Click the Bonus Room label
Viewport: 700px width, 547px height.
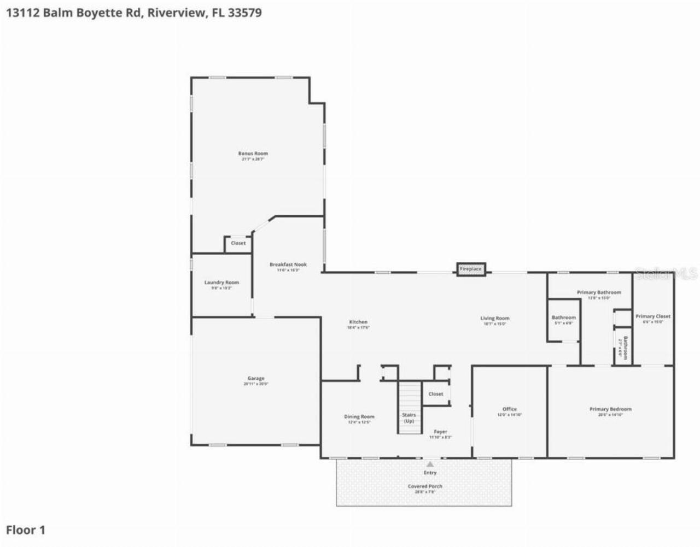pyautogui.click(x=253, y=154)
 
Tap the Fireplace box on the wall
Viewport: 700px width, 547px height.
pyautogui.click(x=470, y=269)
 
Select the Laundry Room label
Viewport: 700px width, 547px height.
pyautogui.click(x=221, y=283)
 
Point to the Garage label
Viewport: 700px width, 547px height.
pyautogui.click(x=255, y=378)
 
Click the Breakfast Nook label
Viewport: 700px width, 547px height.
pyautogui.click(x=288, y=264)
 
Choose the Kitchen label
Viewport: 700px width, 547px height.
pyautogui.click(x=358, y=322)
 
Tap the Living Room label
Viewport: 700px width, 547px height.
pyautogui.click(x=495, y=318)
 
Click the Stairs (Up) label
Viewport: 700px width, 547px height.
pyautogui.click(x=409, y=418)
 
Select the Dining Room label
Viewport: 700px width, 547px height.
pyautogui.click(x=359, y=416)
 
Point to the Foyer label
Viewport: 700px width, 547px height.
pyautogui.click(x=440, y=432)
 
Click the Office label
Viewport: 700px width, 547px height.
pyautogui.click(x=509, y=409)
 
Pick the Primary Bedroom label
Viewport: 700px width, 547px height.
pyautogui.click(x=610, y=409)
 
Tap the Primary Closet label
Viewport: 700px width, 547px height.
pyautogui.click(x=652, y=316)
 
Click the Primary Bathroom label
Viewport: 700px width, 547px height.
pyautogui.click(x=599, y=292)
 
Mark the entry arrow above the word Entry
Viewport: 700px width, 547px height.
pyautogui.click(x=430, y=464)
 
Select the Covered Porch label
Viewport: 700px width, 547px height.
pyautogui.click(x=425, y=486)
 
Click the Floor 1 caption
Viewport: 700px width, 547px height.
pyautogui.click(x=26, y=530)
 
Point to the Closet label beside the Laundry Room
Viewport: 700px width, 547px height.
pyautogui.click(x=238, y=243)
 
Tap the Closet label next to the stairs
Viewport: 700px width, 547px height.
pyautogui.click(x=436, y=394)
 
